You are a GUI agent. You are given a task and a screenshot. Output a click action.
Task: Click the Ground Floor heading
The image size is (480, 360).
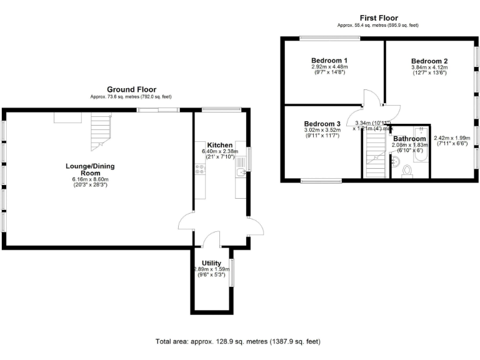131,89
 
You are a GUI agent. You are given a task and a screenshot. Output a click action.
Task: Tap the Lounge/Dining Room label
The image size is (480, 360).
91,169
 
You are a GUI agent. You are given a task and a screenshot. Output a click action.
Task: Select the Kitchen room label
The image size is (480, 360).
220,144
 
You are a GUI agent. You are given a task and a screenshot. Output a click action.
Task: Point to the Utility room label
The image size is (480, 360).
211,262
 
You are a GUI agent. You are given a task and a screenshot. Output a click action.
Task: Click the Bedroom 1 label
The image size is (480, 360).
329,60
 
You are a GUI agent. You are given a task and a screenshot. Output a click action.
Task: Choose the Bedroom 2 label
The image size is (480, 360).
429,61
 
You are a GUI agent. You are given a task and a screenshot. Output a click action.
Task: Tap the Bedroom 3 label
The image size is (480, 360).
322,124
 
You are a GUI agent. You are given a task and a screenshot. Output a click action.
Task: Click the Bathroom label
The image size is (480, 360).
409,139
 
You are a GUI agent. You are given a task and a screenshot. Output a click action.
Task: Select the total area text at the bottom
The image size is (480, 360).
237,341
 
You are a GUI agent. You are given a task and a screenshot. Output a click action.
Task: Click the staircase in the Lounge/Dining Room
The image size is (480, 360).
100,131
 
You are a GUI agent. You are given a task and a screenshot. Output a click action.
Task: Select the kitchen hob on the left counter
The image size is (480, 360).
199,169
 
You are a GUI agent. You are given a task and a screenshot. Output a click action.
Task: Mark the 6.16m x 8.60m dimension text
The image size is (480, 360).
90,180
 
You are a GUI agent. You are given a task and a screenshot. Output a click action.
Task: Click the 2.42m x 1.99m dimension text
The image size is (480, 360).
451,138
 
